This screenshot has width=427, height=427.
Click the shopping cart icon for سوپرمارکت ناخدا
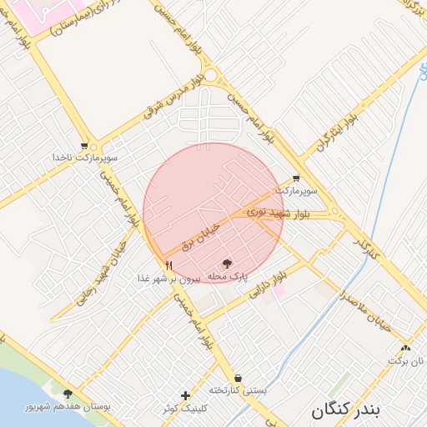tap(84, 145)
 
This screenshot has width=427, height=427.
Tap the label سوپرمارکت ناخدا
tap(84, 158)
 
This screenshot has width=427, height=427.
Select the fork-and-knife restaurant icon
tap(169, 265)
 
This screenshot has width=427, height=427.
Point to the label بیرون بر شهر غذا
tap(169, 278)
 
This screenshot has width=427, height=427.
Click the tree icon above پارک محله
tap(229, 264)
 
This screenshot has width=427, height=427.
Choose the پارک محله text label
tap(228, 276)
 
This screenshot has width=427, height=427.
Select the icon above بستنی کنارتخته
tap(238, 378)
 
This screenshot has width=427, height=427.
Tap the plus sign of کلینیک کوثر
tap(185, 394)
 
